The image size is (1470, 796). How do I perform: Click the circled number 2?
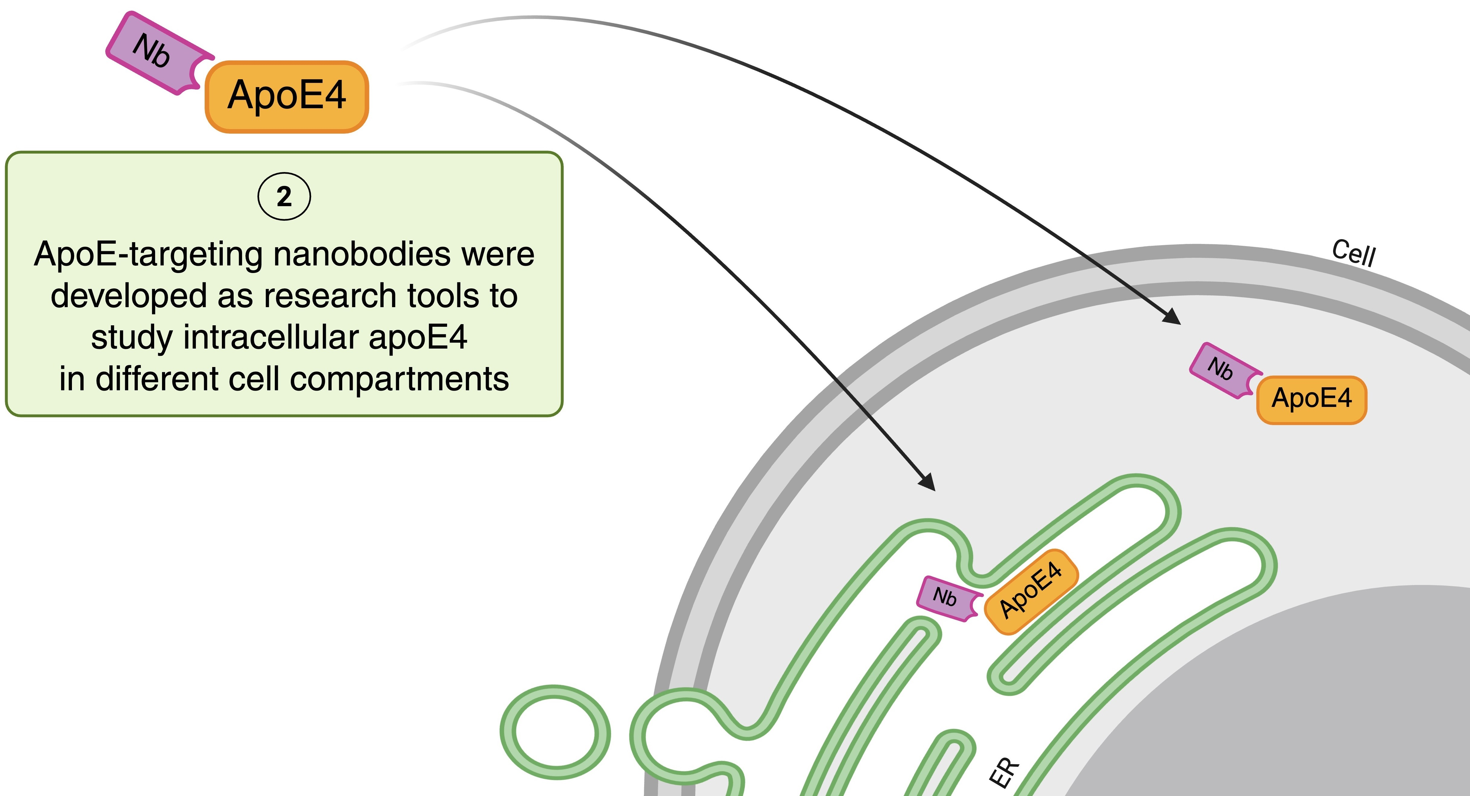click(284, 197)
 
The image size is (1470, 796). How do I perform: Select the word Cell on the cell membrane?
click(1354, 253)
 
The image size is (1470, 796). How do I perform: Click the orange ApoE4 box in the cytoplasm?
click(1311, 399)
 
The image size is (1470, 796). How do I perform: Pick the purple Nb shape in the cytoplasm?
click(1221, 370)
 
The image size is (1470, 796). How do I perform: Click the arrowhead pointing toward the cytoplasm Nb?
click(1173, 317)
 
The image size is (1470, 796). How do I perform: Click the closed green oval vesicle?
click(555, 732)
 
